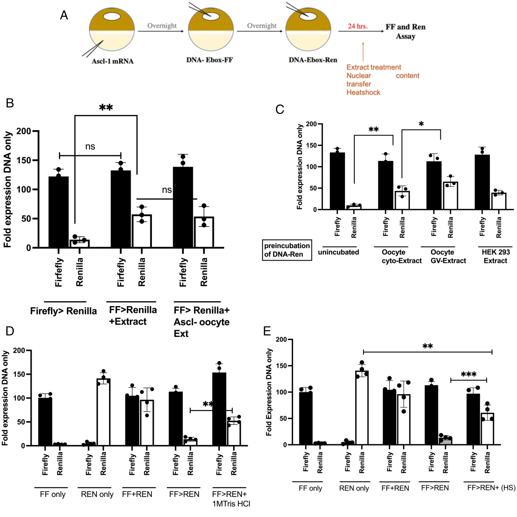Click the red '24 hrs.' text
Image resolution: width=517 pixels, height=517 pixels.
pyautogui.click(x=358, y=26)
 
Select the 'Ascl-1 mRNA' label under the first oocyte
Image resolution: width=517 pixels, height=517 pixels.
pyautogui.click(x=112, y=61)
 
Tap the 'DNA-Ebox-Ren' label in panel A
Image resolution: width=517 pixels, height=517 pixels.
pyautogui.click(x=313, y=60)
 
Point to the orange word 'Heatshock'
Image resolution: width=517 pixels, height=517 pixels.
pyautogui.click(x=363, y=93)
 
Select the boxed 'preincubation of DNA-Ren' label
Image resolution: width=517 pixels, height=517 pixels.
pyautogui.click(x=287, y=250)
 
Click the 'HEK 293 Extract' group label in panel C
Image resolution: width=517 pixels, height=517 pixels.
pyautogui.click(x=496, y=256)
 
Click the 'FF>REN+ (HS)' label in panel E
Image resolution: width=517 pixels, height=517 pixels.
pyautogui.click(x=491, y=488)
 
